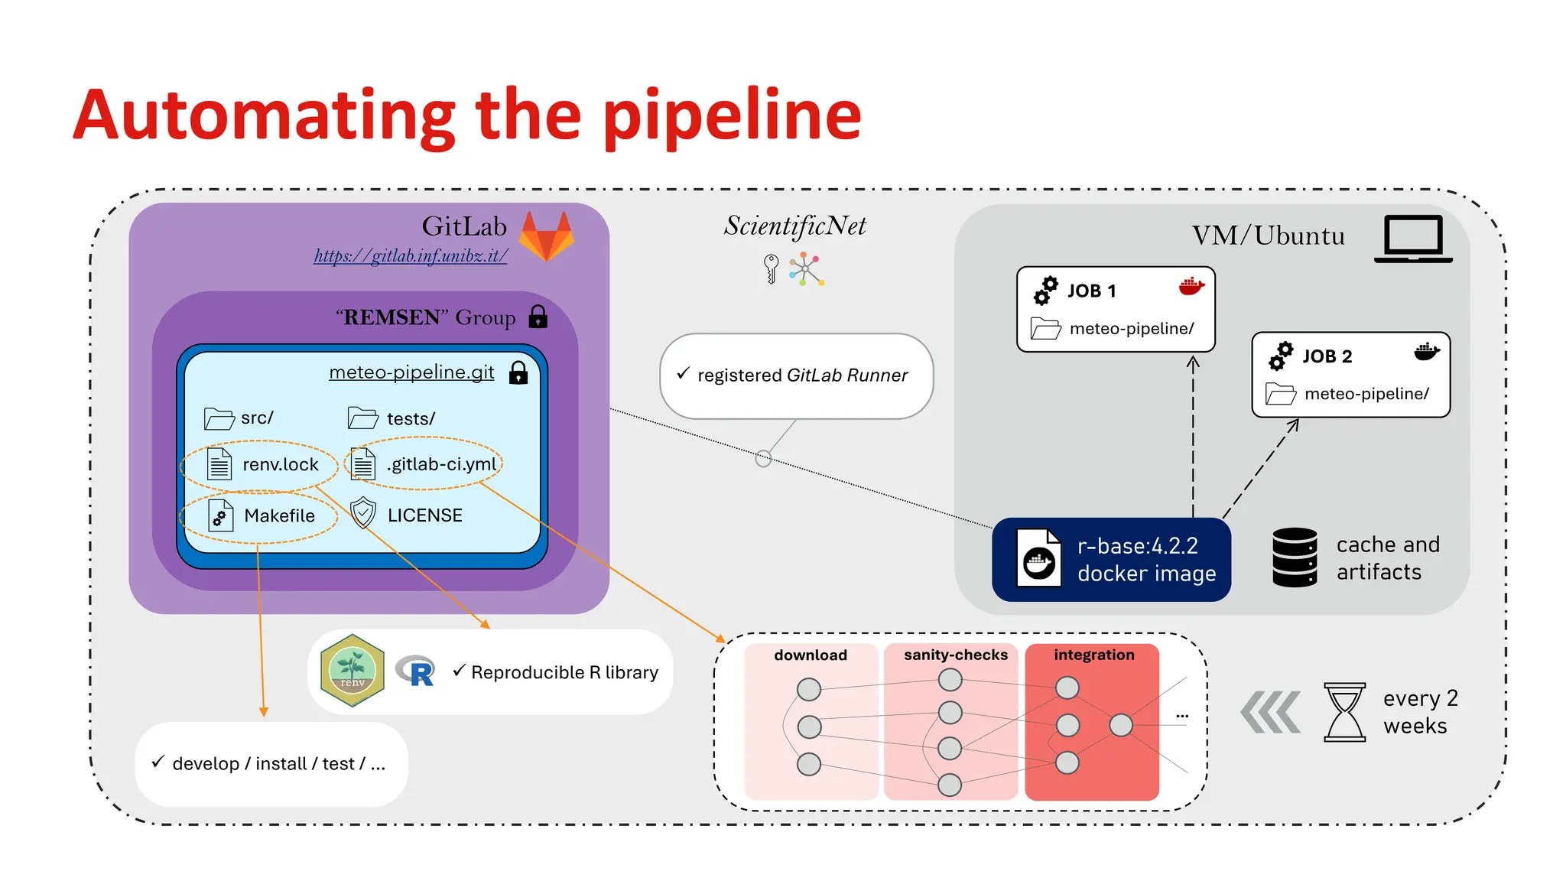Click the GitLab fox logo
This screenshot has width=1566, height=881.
tap(546, 236)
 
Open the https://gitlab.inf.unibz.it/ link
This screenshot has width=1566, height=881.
tap(411, 255)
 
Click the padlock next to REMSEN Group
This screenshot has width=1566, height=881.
tap(538, 316)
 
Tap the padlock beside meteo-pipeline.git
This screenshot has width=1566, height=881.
tap(518, 372)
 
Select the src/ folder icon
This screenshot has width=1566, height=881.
tap(219, 418)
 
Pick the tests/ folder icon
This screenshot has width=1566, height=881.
tap(362, 418)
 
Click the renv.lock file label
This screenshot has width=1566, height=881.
tap(280, 464)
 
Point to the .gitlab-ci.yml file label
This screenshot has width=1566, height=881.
tap(442, 463)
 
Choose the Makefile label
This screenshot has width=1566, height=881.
tap(279, 515)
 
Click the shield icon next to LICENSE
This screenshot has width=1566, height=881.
tap(363, 513)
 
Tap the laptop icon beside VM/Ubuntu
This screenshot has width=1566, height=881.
tap(1413, 239)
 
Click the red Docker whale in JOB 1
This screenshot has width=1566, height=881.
tap(1191, 287)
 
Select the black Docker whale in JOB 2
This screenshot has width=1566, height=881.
tap(1427, 352)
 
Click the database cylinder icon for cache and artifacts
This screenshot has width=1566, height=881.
tap(1295, 558)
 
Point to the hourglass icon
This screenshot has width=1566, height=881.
tap(1344, 712)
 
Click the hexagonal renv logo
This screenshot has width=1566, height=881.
tap(353, 670)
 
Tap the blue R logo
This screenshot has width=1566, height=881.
tap(416, 671)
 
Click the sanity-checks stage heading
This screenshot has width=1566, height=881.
tap(955, 655)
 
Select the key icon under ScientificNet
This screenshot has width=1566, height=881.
tap(771, 268)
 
